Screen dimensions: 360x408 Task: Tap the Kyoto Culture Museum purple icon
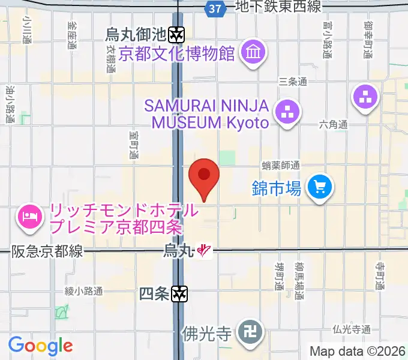[253, 53]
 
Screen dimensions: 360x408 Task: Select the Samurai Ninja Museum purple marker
[287, 111]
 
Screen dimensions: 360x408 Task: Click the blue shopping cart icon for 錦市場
[319, 188]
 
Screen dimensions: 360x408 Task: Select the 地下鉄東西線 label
[278, 7]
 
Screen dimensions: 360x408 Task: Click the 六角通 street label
[334, 125]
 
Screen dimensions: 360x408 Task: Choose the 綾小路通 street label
[84, 291]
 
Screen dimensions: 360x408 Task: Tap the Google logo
[40, 346]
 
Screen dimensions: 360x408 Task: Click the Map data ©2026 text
[357, 351]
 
